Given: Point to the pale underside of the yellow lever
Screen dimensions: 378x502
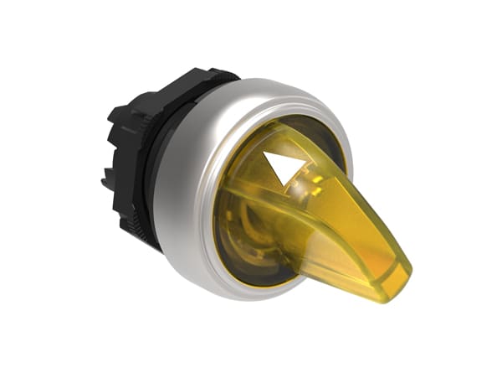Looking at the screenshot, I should (351, 268).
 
